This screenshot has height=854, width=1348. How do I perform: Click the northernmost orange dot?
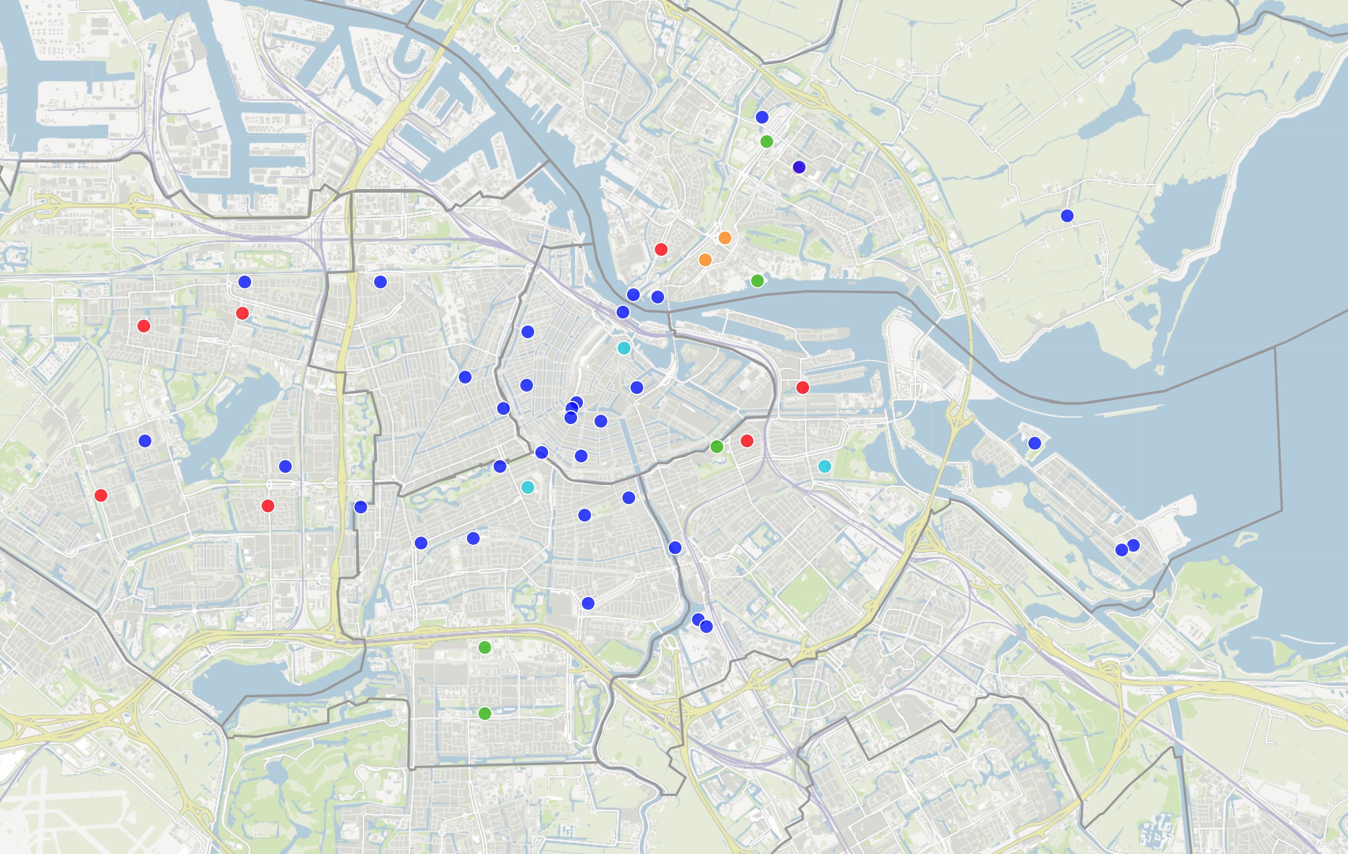724,238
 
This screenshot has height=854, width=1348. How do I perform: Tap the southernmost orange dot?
705,259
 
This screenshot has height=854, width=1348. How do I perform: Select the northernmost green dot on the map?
766,141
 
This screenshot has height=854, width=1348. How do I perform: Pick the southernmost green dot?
485,713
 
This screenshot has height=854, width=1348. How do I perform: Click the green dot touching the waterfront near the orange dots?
757,281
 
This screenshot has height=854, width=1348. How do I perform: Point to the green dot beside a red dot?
716,446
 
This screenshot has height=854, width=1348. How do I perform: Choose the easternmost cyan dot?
824,466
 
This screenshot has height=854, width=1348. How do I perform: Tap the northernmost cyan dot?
624,348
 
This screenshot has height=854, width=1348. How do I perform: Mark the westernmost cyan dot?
527,487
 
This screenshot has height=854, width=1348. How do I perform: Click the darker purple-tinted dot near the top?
799,167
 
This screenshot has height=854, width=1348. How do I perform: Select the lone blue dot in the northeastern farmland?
1067,216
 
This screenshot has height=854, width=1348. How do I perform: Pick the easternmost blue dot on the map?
1133,545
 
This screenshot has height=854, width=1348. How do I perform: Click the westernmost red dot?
100,495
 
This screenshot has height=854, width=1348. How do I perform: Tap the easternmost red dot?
802,387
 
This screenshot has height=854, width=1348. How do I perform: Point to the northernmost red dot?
661,249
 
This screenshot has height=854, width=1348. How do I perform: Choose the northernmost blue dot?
762,117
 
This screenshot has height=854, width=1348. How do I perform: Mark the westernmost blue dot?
145,441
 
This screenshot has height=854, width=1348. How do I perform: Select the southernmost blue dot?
706,626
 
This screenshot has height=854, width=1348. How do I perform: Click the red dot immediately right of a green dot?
747,441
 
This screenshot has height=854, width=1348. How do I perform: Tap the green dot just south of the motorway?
485,647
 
